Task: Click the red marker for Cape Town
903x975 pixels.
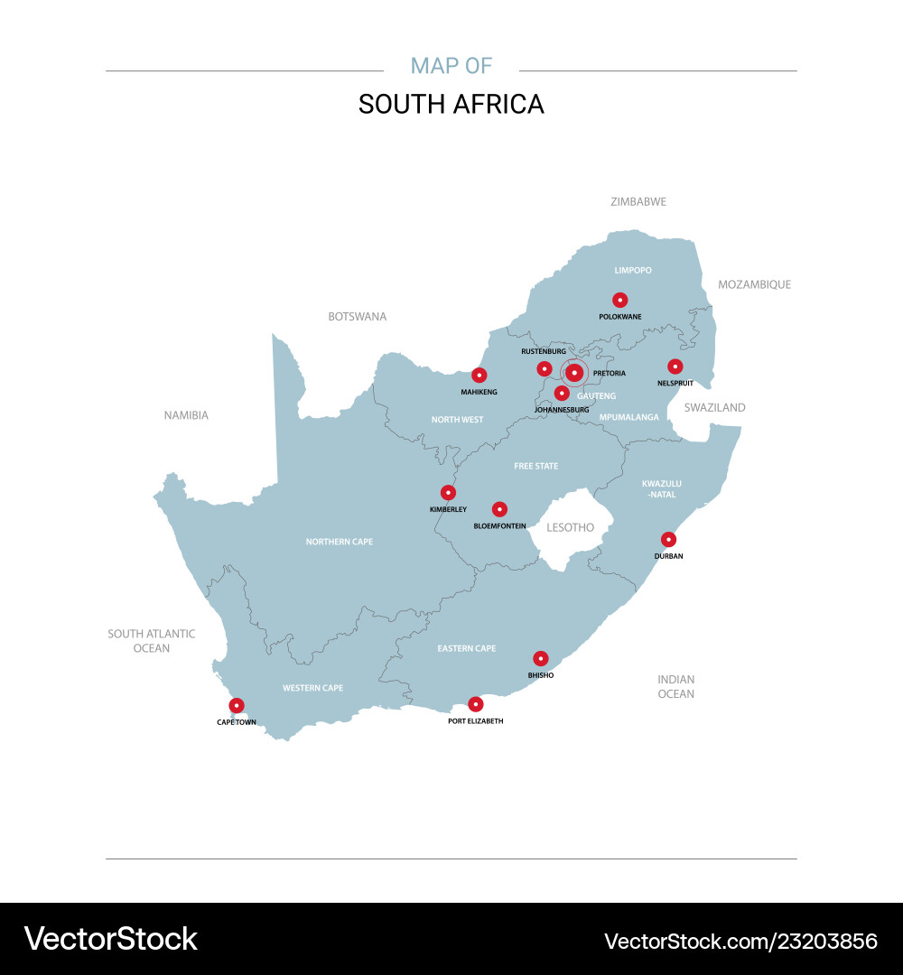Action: (x=237, y=705)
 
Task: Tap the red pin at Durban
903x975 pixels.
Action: (x=668, y=539)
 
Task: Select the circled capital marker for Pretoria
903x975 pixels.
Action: (x=573, y=372)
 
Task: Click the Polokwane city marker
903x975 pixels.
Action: (x=619, y=300)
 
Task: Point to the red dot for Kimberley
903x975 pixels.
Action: (x=448, y=492)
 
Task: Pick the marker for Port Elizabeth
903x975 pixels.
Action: (x=476, y=704)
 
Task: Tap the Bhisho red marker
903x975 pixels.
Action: (x=540, y=658)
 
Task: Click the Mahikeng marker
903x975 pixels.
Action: (x=479, y=375)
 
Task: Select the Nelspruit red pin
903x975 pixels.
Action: (x=675, y=366)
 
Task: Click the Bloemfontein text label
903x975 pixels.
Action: (x=499, y=525)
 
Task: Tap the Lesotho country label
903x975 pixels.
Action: (x=571, y=527)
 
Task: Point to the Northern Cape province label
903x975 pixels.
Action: (x=339, y=542)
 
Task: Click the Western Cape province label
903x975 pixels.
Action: (x=312, y=688)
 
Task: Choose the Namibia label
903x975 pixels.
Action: (x=186, y=415)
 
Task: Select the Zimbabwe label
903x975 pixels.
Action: (x=638, y=201)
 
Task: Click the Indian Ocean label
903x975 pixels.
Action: (x=675, y=686)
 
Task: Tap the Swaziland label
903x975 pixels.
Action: (x=714, y=407)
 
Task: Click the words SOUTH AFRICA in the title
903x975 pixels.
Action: (x=451, y=105)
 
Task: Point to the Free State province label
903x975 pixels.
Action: (x=535, y=466)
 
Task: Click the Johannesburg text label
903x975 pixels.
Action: (x=562, y=410)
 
